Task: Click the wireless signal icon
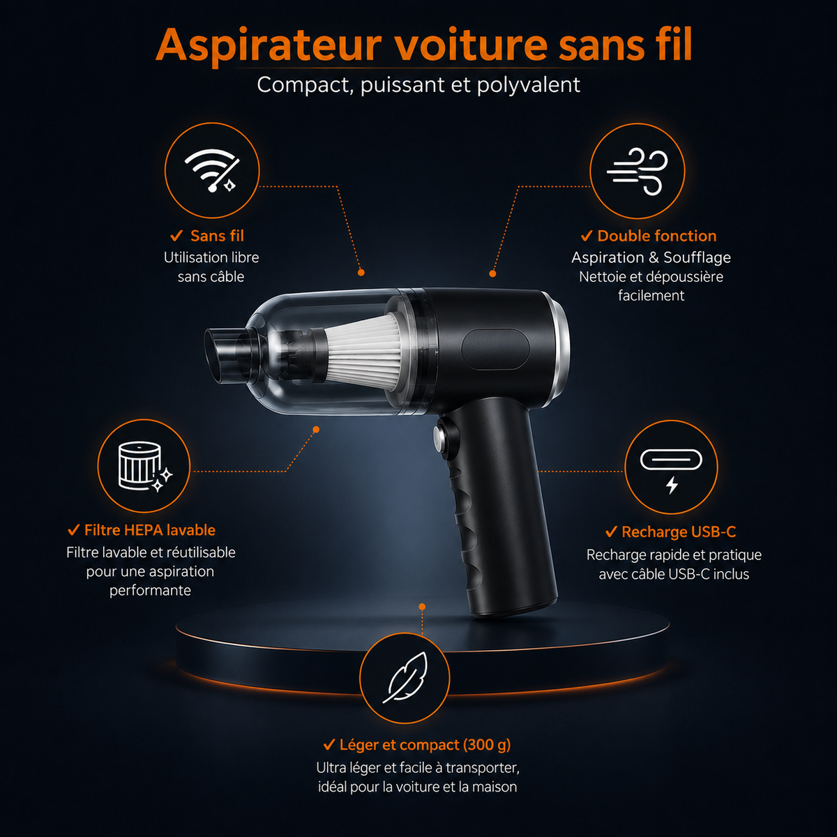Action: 212,170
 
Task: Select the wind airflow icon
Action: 638,171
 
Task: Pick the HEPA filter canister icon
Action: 145,467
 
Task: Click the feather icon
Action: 405,678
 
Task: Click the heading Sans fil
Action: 217,236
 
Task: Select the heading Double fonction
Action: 657,236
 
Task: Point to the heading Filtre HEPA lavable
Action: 150,530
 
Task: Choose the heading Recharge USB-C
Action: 679,531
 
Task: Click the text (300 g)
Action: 486,745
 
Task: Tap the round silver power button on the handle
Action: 439,439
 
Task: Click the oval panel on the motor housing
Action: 496,349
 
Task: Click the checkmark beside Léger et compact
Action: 329,745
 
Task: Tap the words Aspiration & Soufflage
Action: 651,257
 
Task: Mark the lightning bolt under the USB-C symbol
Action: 672,485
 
